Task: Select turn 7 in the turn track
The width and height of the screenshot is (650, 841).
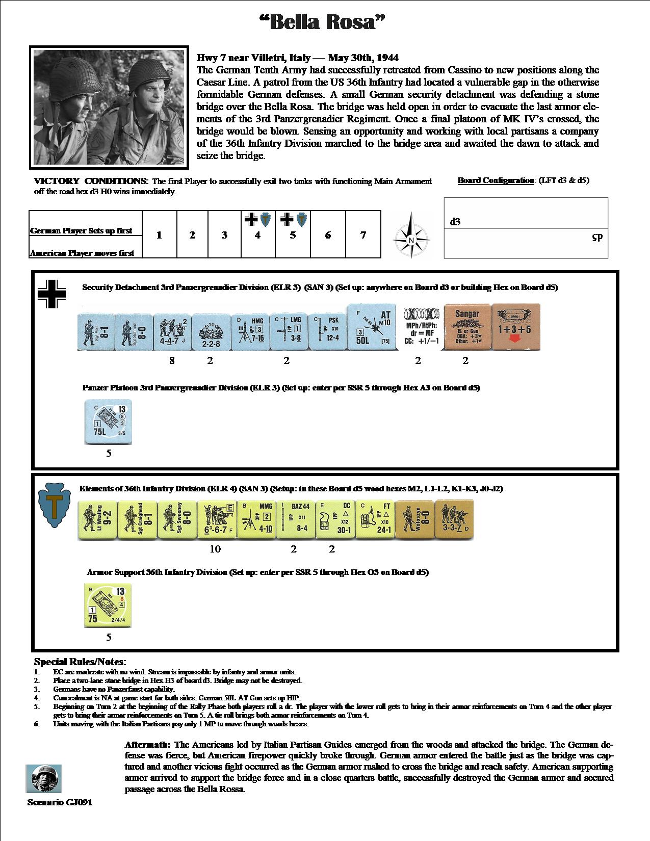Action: click(x=363, y=235)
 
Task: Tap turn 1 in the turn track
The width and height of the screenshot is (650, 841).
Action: click(x=159, y=235)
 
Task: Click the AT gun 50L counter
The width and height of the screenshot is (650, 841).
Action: click(x=371, y=327)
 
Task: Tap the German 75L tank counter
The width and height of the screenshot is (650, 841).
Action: click(x=109, y=422)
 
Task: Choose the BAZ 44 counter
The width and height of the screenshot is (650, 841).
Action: click(x=295, y=519)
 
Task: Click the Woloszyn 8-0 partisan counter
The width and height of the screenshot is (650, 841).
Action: click(x=414, y=519)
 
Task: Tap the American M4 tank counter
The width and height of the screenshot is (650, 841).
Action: click(x=108, y=606)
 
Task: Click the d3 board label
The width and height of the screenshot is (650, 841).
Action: click(x=455, y=222)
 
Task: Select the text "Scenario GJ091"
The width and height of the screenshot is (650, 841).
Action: click(x=60, y=802)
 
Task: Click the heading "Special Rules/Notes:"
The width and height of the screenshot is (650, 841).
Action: click(x=79, y=662)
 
